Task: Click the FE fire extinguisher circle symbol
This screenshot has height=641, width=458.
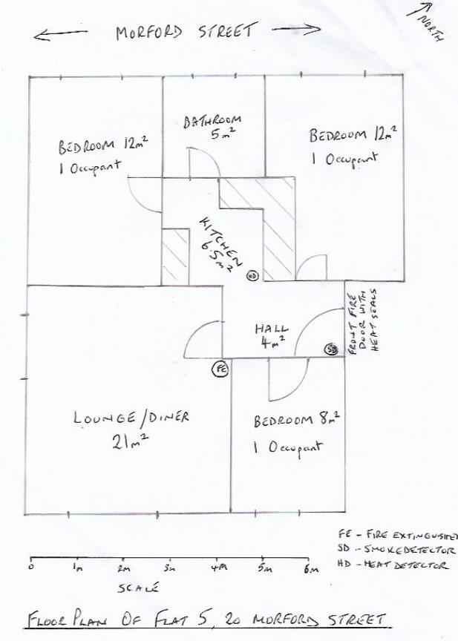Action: (x=220, y=368)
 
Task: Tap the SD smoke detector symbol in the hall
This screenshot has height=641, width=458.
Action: (x=330, y=349)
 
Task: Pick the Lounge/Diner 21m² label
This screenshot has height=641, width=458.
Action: (x=131, y=429)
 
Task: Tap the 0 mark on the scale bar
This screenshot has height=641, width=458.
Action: (x=30, y=568)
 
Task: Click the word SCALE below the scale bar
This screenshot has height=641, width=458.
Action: (x=138, y=588)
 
